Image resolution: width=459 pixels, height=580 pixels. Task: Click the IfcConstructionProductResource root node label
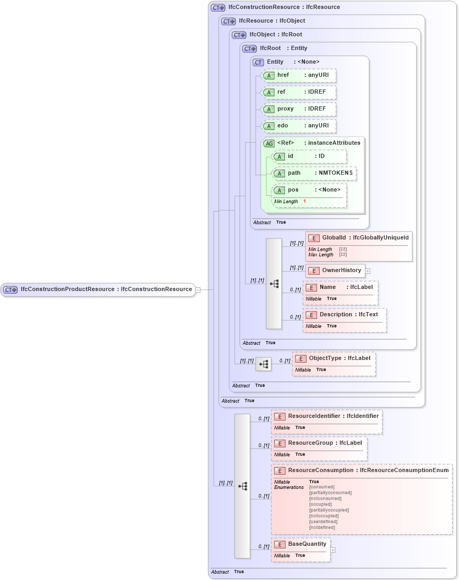[x=105, y=289]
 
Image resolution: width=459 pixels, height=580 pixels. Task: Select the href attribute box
[x=299, y=75]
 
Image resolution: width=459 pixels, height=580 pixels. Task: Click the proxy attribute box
[x=299, y=109]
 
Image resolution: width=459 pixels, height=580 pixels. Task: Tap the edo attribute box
[x=299, y=126]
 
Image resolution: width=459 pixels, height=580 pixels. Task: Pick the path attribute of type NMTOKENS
[x=314, y=173]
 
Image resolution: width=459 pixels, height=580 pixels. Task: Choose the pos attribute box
[x=309, y=190]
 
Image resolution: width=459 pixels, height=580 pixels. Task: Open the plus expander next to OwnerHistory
[x=368, y=271]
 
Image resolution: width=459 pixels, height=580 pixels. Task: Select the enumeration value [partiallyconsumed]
[x=330, y=493]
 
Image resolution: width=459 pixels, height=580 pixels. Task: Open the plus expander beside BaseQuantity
[x=332, y=549]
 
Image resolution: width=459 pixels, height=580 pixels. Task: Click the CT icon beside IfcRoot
[x=250, y=48]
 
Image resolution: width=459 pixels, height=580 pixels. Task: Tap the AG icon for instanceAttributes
[x=269, y=143]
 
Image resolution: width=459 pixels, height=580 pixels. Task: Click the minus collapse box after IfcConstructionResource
[x=198, y=289]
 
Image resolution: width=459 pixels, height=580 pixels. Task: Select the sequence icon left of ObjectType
[x=263, y=364]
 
